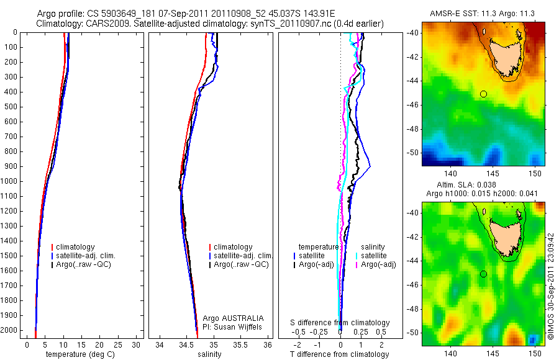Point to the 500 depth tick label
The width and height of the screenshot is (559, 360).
click(x=11, y=107)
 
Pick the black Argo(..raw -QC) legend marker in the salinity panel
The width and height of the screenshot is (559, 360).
click(x=211, y=264)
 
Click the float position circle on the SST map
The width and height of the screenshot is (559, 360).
click(x=483, y=94)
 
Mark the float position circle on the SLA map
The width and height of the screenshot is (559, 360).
click(x=483, y=274)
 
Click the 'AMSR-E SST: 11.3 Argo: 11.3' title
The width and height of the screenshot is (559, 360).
click(x=483, y=13)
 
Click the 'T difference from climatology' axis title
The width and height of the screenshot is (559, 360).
click(x=339, y=354)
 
